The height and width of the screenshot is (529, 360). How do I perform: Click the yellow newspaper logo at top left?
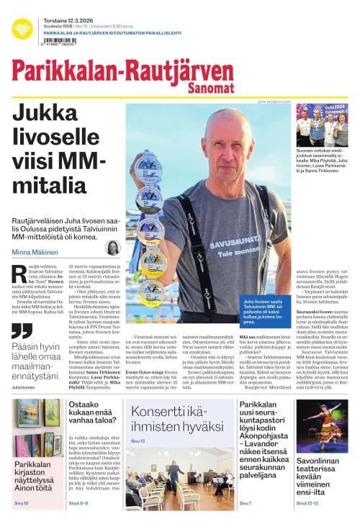click(x=22, y=29)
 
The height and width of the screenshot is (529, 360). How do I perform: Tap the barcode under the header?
click(x=59, y=42)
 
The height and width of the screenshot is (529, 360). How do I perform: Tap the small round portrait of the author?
click(x=113, y=248)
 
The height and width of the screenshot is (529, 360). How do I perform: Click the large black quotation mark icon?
click(x=22, y=331)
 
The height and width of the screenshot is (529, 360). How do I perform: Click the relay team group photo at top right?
click(x=322, y=125)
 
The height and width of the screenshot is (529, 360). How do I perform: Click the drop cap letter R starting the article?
click(x=19, y=273)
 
